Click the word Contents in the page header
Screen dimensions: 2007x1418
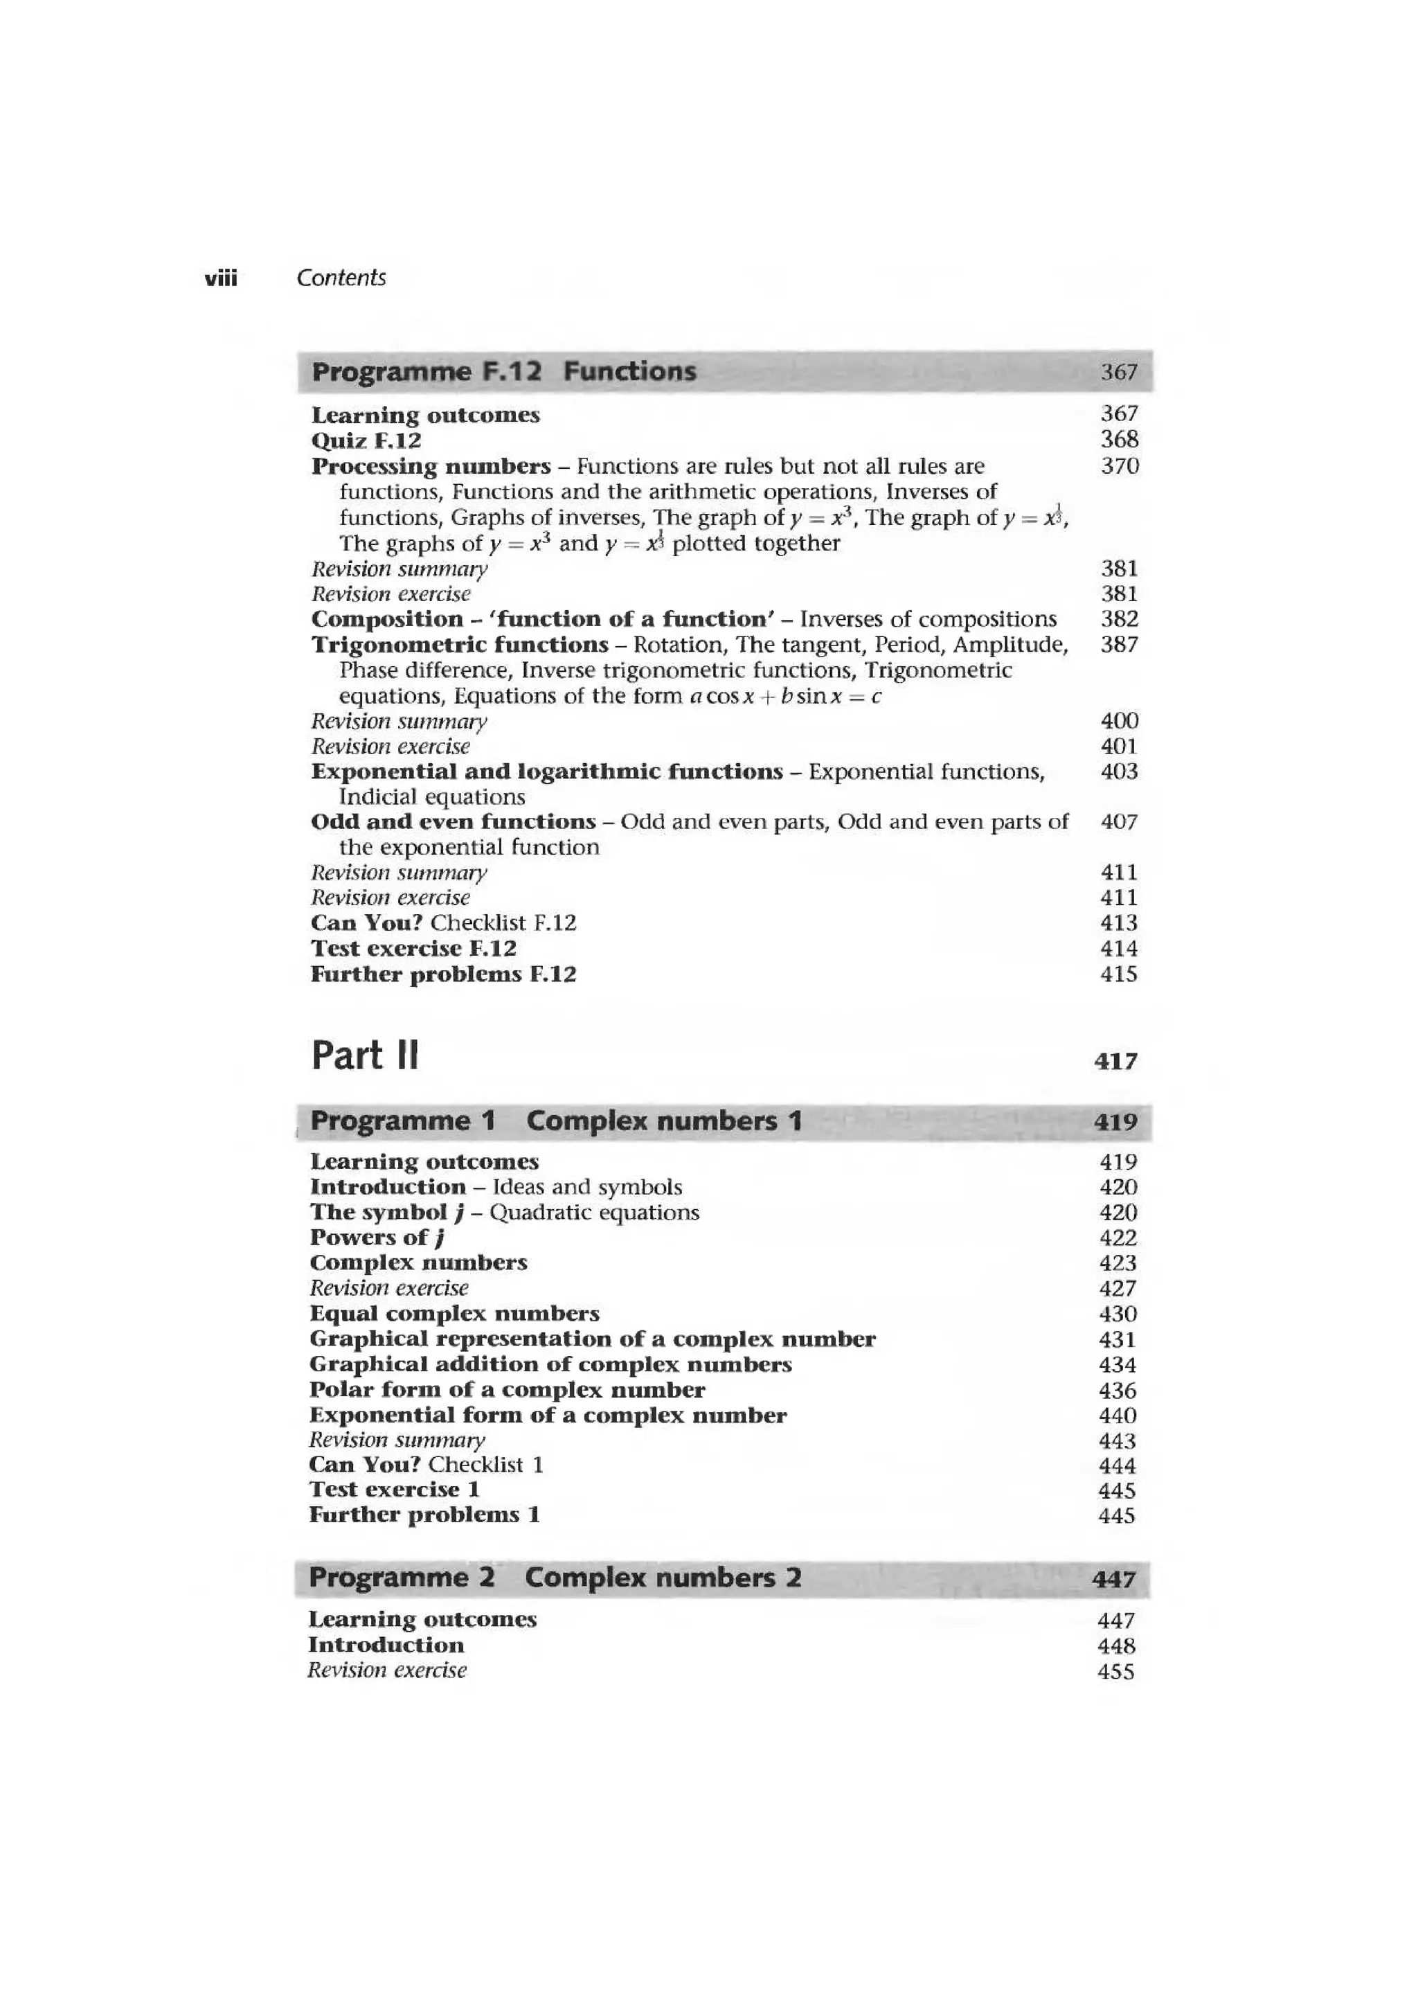[341, 278]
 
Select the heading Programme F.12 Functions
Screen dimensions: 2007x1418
[504, 371]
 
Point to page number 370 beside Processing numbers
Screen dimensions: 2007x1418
[1119, 466]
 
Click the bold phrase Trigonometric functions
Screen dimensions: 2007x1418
[460, 645]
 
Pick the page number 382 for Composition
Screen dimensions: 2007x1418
[1119, 620]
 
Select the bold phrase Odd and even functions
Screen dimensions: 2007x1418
[454, 821]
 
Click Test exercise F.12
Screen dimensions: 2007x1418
[413, 948]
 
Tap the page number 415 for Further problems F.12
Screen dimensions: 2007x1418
[1118, 974]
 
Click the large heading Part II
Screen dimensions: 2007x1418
[365, 1056]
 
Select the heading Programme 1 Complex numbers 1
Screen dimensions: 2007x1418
[556, 1121]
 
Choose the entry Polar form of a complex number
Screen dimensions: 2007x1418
[507, 1390]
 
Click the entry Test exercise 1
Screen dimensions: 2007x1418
[394, 1490]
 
